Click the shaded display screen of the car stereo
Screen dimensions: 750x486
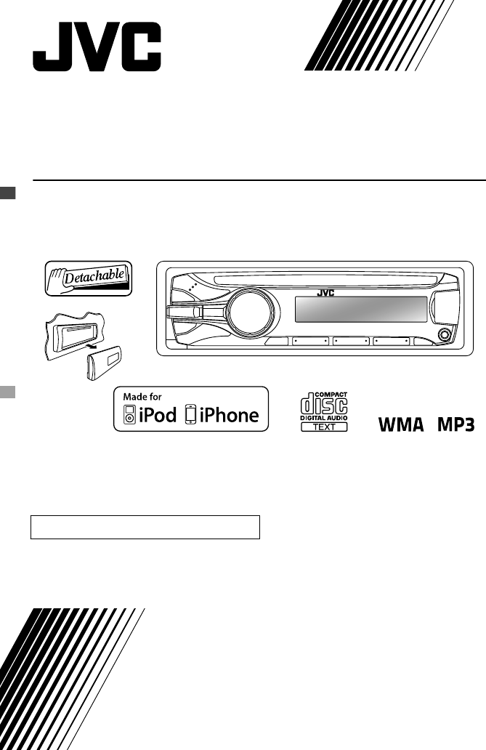tap(360, 312)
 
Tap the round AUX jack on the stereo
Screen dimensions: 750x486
tap(442, 336)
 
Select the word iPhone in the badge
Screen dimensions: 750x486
tap(229, 415)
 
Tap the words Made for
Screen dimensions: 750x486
tap(142, 398)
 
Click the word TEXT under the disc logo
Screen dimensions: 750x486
tap(323, 427)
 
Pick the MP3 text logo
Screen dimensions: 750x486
tap(455, 424)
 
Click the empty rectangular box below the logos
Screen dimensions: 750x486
tap(145, 527)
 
